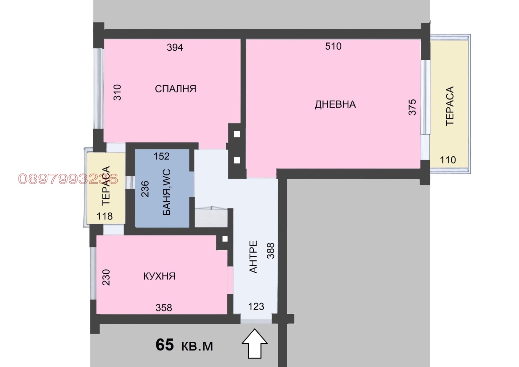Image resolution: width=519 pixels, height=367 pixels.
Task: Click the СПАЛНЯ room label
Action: tap(175, 89)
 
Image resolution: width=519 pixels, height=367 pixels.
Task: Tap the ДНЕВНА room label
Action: tap(335, 104)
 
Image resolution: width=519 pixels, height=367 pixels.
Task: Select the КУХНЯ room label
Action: tap(159, 276)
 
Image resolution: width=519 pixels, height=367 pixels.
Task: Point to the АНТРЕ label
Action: tap(253, 257)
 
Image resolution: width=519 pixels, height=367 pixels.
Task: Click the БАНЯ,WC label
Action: tap(167, 192)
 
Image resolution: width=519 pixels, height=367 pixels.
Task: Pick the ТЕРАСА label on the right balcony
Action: tap(450, 106)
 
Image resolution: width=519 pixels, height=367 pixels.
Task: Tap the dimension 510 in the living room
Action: tap(333, 46)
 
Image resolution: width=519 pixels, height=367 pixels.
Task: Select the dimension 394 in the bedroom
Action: tap(175, 47)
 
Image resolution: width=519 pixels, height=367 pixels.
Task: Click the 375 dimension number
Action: tap(412, 107)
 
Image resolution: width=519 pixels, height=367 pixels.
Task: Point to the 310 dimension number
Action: tap(117, 92)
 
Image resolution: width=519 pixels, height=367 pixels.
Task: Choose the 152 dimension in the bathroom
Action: tap(162, 156)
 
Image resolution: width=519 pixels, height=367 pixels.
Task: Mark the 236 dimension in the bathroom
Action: tap(145, 189)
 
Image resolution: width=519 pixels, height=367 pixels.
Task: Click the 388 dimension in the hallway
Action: tap(271, 251)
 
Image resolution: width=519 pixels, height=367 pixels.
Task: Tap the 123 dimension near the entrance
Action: tap(256, 307)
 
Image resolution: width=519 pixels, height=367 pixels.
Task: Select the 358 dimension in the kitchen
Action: tap(163, 308)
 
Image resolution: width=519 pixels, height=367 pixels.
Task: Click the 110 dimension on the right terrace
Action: tap(448, 160)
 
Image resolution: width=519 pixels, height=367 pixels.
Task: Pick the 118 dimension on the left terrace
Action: tap(104, 216)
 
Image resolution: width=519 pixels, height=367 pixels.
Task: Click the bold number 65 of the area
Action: tap(164, 345)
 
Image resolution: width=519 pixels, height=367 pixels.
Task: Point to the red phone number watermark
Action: tap(68, 179)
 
